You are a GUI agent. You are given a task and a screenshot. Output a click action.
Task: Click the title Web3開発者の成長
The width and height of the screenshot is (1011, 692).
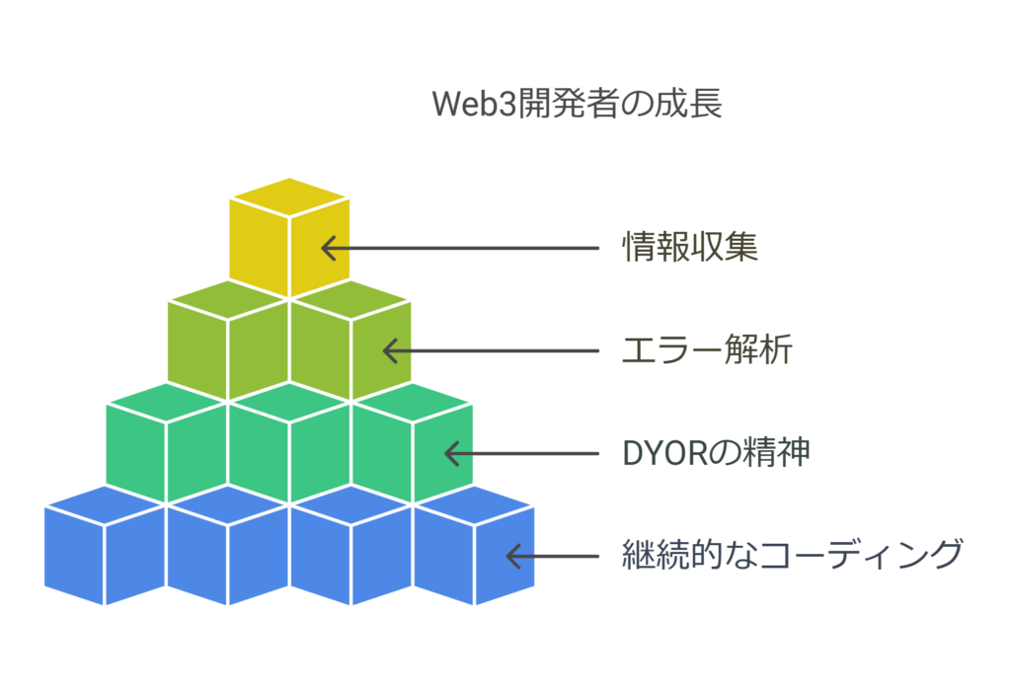pyautogui.click(x=578, y=105)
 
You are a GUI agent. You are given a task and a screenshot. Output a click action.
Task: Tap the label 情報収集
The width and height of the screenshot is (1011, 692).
pyautogui.click(x=690, y=247)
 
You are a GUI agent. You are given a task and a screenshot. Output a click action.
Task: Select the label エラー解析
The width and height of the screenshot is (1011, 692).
pyautogui.click(x=707, y=349)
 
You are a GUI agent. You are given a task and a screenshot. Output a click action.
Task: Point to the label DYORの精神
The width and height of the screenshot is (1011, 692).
pyautogui.click(x=716, y=453)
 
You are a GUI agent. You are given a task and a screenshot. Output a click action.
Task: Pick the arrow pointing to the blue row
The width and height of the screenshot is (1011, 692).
pyautogui.click(x=552, y=556)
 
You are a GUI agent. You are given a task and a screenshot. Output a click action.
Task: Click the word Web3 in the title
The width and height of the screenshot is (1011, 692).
pyautogui.click(x=466, y=105)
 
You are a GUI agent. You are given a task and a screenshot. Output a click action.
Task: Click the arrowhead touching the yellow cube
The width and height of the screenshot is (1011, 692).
pyautogui.click(x=329, y=247)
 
